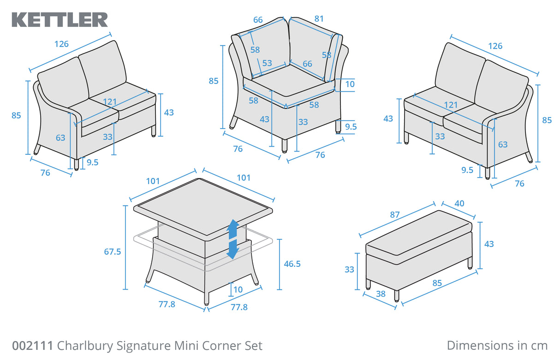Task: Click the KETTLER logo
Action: pyautogui.click(x=60, y=19)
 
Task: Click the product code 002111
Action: pyautogui.click(x=32, y=346)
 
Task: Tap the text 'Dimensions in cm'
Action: pyautogui.click(x=497, y=346)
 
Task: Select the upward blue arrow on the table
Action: pyautogui.click(x=233, y=229)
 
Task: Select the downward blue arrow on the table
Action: pyautogui.click(x=233, y=249)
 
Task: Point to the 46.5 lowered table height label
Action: pyautogui.click(x=292, y=264)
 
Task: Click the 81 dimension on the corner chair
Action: pyautogui.click(x=319, y=19)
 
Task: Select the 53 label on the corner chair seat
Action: pyautogui.click(x=267, y=63)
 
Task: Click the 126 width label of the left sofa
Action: pyautogui.click(x=61, y=44)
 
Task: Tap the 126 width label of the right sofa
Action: pyautogui.click(x=495, y=46)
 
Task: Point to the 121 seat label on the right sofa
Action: pyautogui.click(x=451, y=105)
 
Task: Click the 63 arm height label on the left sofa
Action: pyautogui.click(x=60, y=137)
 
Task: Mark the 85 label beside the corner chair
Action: pyautogui.click(x=214, y=81)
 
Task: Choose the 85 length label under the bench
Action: pyautogui.click(x=437, y=283)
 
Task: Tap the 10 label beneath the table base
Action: pyautogui.click(x=238, y=289)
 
